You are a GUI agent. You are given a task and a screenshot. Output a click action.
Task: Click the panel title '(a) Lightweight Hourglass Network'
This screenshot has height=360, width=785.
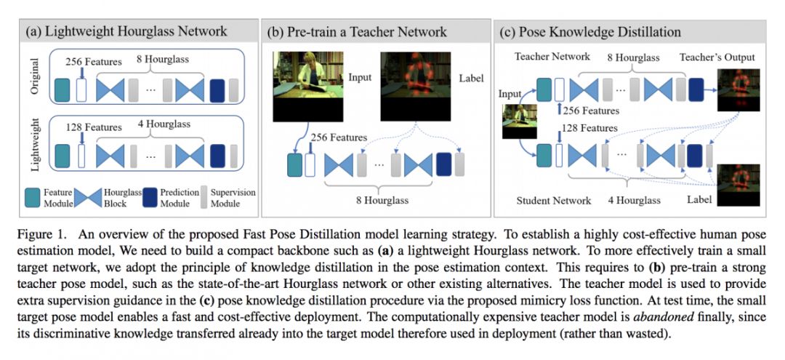[126, 31]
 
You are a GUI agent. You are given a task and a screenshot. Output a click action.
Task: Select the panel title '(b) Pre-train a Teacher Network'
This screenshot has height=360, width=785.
[358, 31]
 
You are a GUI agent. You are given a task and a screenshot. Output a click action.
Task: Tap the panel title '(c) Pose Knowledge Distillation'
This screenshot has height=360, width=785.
[590, 31]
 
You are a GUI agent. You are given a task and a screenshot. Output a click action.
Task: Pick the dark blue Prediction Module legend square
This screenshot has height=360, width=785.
[150, 197]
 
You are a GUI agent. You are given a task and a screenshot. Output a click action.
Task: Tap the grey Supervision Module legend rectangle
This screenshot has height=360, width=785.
[205, 197]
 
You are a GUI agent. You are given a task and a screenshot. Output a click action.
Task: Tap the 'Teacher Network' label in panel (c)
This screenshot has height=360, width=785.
[552, 56]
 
